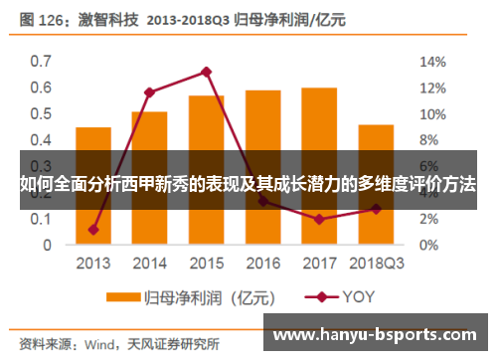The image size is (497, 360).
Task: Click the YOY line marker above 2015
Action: (206, 72)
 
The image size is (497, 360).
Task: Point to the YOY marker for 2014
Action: (149, 92)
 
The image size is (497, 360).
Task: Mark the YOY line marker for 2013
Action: (92, 230)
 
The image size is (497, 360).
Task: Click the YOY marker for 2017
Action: (319, 219)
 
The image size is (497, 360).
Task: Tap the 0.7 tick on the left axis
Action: (40, 61)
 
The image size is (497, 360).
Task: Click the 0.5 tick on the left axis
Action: (40, 113)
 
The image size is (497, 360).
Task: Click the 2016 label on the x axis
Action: (262, 264)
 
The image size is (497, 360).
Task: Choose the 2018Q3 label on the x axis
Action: (376, 264)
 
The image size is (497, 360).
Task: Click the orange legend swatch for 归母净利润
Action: (122, 296)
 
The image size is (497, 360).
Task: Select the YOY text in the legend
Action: (360, 296)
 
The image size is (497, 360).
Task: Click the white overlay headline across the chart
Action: (248, 185)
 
